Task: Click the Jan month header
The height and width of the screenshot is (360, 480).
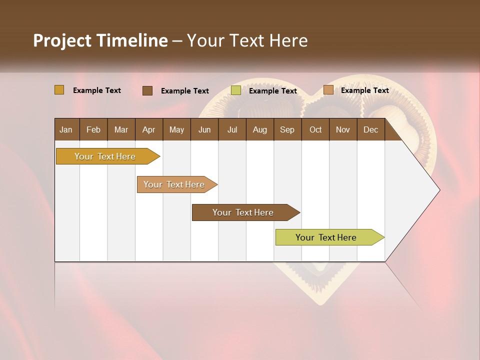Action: pyautogui.click(x=66, y=129)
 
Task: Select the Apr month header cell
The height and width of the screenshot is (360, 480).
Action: pyautogui.click(x=148, y=129)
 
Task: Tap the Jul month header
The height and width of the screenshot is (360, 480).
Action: pyautogui.click(x=232, y=129)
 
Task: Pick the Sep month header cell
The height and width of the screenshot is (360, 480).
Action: pyautogui.click(x=287, y=129)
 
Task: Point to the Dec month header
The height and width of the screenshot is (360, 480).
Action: pyautogui.click(x=370, y=129)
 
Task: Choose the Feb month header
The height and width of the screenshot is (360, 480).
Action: pyautogui.click(x=93, y=129)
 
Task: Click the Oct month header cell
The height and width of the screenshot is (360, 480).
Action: pyautogui.click(x=315, y=129)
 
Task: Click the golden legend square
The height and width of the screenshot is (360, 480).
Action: pyautogui.click(x=59, y=90)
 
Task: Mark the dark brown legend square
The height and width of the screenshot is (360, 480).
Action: pyautogui.click(x=147, y=90)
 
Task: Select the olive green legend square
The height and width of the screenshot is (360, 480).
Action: pyautogui.click(x=236, y=90)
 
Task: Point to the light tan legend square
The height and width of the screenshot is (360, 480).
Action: pyautogui.click(x=328, y=90)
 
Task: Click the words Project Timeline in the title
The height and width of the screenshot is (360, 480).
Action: pyautogui.click(x=100, y=40)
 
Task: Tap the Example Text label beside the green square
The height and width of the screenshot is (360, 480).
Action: pyautogui.click(x=273, y=91)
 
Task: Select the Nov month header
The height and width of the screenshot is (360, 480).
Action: pyautogui.click(x=343, y=129)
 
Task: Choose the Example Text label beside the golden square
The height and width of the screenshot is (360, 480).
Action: pyautogui.click(x=97, y=90)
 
